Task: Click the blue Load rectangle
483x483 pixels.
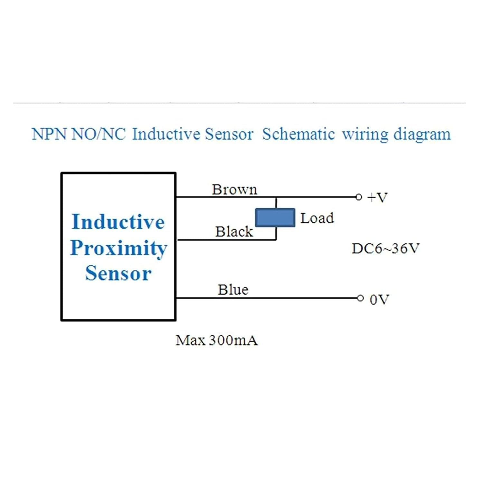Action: [275, 218]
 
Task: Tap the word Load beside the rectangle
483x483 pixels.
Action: [317, 218]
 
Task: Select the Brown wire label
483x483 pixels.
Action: [234, 189]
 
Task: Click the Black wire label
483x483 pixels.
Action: [234, 232]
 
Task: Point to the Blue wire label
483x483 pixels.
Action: [233, 289]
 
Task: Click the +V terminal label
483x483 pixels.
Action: [377, 197]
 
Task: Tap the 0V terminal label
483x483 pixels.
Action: [379, 299]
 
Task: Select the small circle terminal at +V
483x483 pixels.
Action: [359, 197]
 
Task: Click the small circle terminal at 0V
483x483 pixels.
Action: [360, 298]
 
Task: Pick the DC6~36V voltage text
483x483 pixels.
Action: [385, 248]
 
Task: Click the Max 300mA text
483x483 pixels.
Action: [216, 340]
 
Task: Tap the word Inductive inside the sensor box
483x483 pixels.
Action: [118, 222]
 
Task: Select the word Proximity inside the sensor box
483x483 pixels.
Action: [118, 248]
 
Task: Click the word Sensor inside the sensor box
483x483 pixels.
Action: [118, 273]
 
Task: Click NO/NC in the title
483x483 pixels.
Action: [98, 134]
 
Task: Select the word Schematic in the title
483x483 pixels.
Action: [298, 134]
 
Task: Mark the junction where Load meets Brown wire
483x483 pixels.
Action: [276, 197]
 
